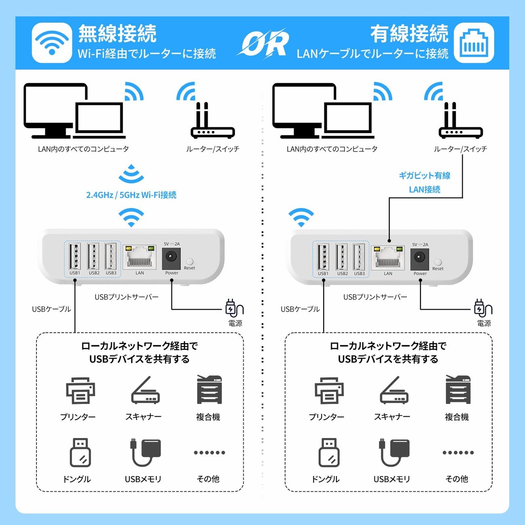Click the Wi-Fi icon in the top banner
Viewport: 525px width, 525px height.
[x=52, y=43]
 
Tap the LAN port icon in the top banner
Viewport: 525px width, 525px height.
[x=474, y=43]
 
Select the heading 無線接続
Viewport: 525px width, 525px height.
[x=117, y=34]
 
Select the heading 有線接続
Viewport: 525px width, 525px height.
[x=409, y=34]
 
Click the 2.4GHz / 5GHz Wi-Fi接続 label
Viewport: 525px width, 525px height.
[x=131, y=195]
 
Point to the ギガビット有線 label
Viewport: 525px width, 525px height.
[x=425, y=176]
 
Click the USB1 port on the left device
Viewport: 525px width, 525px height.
[x=75, y=256]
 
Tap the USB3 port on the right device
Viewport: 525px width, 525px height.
[x=359, y=257]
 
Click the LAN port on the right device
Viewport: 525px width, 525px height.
[x=388, y=258]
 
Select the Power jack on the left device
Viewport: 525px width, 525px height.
[x=171, y=257]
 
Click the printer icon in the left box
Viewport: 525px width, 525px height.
[x=80, y=390]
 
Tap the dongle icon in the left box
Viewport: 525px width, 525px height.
[x=80, y=452]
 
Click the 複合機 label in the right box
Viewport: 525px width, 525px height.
[x=457, y=417]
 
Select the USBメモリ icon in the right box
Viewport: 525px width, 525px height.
[x=394, y=452]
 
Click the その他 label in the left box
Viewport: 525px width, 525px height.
[x=208, y=479]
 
